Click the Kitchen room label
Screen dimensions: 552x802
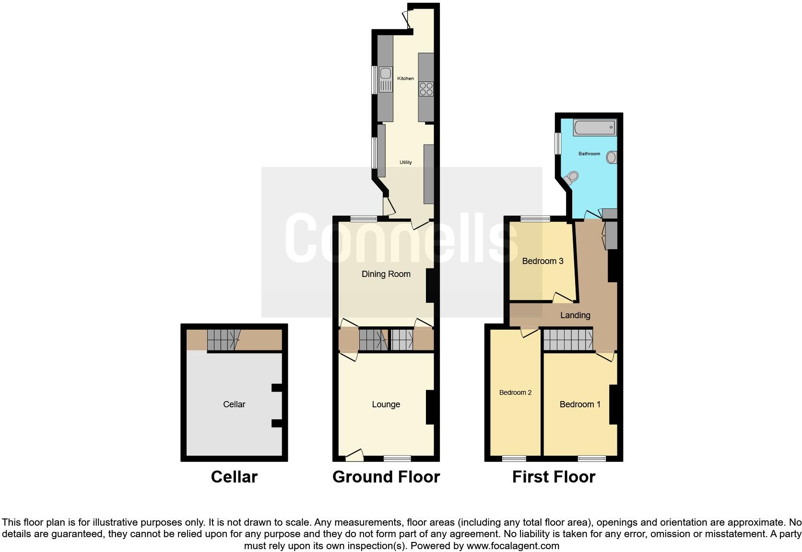tap(405, 79)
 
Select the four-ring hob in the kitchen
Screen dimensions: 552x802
tap(426, 89)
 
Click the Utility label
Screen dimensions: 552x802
tap(405, 162)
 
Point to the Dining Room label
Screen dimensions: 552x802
tap(386, 274)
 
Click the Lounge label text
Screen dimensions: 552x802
tap(386, 404)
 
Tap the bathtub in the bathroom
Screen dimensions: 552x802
tap(595, 128)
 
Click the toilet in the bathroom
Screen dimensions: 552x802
tap(570, 178)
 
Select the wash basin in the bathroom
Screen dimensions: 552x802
tap(612, 157)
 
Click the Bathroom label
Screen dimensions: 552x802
tap(589, 154)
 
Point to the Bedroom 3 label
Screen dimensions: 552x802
tap(543, 261)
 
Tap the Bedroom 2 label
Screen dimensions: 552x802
tap(515, 393)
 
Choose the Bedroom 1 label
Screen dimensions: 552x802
tap(580, 404)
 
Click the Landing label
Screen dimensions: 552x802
tap(575, 315)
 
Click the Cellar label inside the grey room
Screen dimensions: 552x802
tap(234, 404)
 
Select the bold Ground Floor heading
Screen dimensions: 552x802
tap(386, 477)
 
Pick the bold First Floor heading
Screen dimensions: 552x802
tap(554, 477)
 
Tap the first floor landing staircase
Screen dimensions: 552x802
tap(568, 340)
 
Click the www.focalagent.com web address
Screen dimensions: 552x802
tap(513, 546)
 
